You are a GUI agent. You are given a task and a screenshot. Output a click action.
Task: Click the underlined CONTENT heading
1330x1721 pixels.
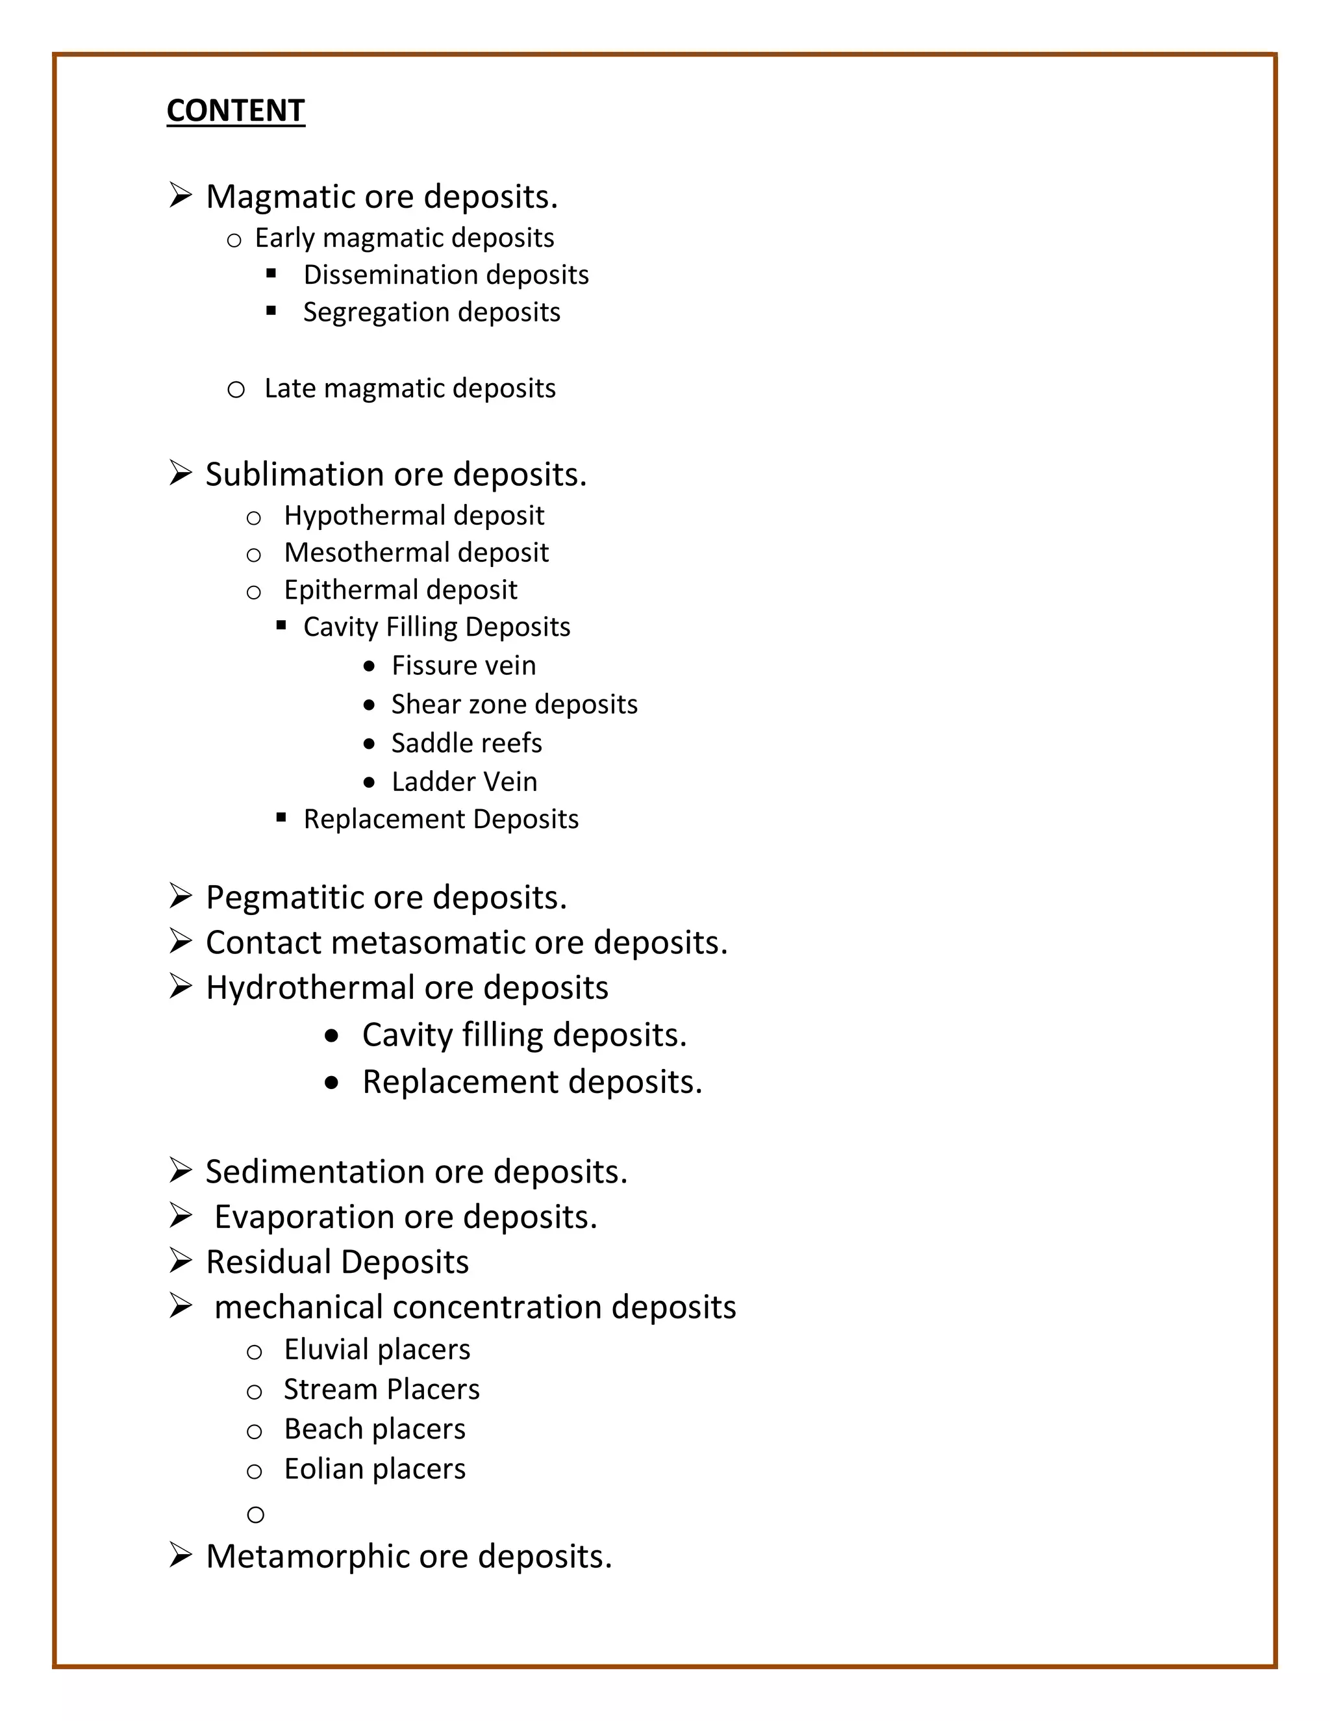pyautogui.click(x=236, y=110)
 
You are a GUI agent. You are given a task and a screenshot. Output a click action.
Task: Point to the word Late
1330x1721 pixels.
pyautogui.click(x=288, y=388)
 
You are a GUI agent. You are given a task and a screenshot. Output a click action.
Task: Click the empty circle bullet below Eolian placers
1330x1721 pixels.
pyautogui.click(x=255, y=1514)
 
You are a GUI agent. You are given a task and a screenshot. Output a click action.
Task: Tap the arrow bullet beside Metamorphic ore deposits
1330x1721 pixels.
pyautogui.click(x=181, y=1555)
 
